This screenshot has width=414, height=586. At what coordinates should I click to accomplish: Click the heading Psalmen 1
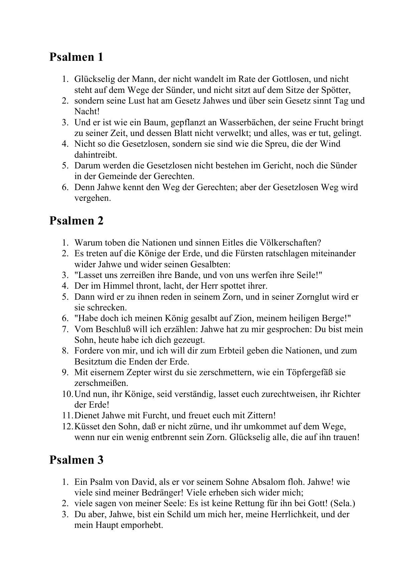point(76,57)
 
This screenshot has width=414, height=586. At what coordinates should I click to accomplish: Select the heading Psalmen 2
point(76,221)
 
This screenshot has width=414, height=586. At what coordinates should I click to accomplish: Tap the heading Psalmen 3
point(76,460)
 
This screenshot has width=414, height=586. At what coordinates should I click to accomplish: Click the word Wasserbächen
point(245,123)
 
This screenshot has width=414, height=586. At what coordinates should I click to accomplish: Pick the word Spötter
point(335,90)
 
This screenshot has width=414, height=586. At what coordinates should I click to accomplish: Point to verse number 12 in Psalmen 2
point(67,427)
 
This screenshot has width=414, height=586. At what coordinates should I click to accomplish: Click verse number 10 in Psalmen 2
point(67,394)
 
